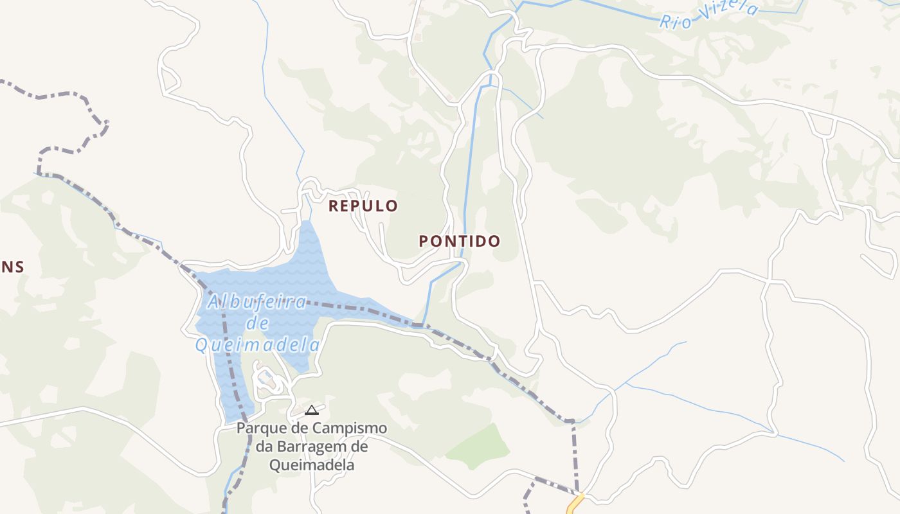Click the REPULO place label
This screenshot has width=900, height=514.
(363, 206)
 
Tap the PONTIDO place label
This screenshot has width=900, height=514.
(460, 242)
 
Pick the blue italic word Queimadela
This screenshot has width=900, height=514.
(257, 346)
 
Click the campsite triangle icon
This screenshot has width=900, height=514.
(312, 410)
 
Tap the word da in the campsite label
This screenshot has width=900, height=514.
(264, 446)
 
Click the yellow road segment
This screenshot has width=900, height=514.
(574, 503)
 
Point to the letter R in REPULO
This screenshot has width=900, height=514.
(334, 206)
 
